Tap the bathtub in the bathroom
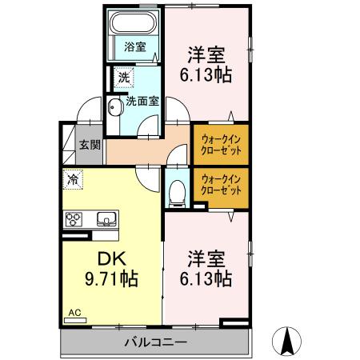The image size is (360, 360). tap(134, 22)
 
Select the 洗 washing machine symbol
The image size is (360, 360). tap(123, 78)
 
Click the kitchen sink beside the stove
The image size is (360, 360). tap(106, 218)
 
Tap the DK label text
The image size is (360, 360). tap(111, 259)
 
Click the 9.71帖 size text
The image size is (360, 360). tap(111, 279)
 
